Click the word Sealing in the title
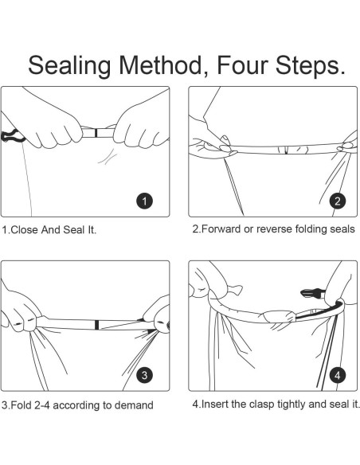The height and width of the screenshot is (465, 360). point(69,66)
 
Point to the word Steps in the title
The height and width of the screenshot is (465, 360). point(307,66)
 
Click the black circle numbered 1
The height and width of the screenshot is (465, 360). point(144,201)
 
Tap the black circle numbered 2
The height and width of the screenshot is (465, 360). point(338,201)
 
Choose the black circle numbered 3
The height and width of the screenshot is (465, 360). point(144,375)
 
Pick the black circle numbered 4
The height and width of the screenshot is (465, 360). point(338,375)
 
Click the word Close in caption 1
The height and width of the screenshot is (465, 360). point(25,230)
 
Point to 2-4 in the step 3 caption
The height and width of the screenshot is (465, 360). point(42,405)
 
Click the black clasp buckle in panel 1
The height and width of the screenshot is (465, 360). point(12,136)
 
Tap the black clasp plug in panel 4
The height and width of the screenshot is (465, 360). point(312,293)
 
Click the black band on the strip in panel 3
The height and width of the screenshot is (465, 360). point(96,325)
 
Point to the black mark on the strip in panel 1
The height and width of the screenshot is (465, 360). point(96,133)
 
